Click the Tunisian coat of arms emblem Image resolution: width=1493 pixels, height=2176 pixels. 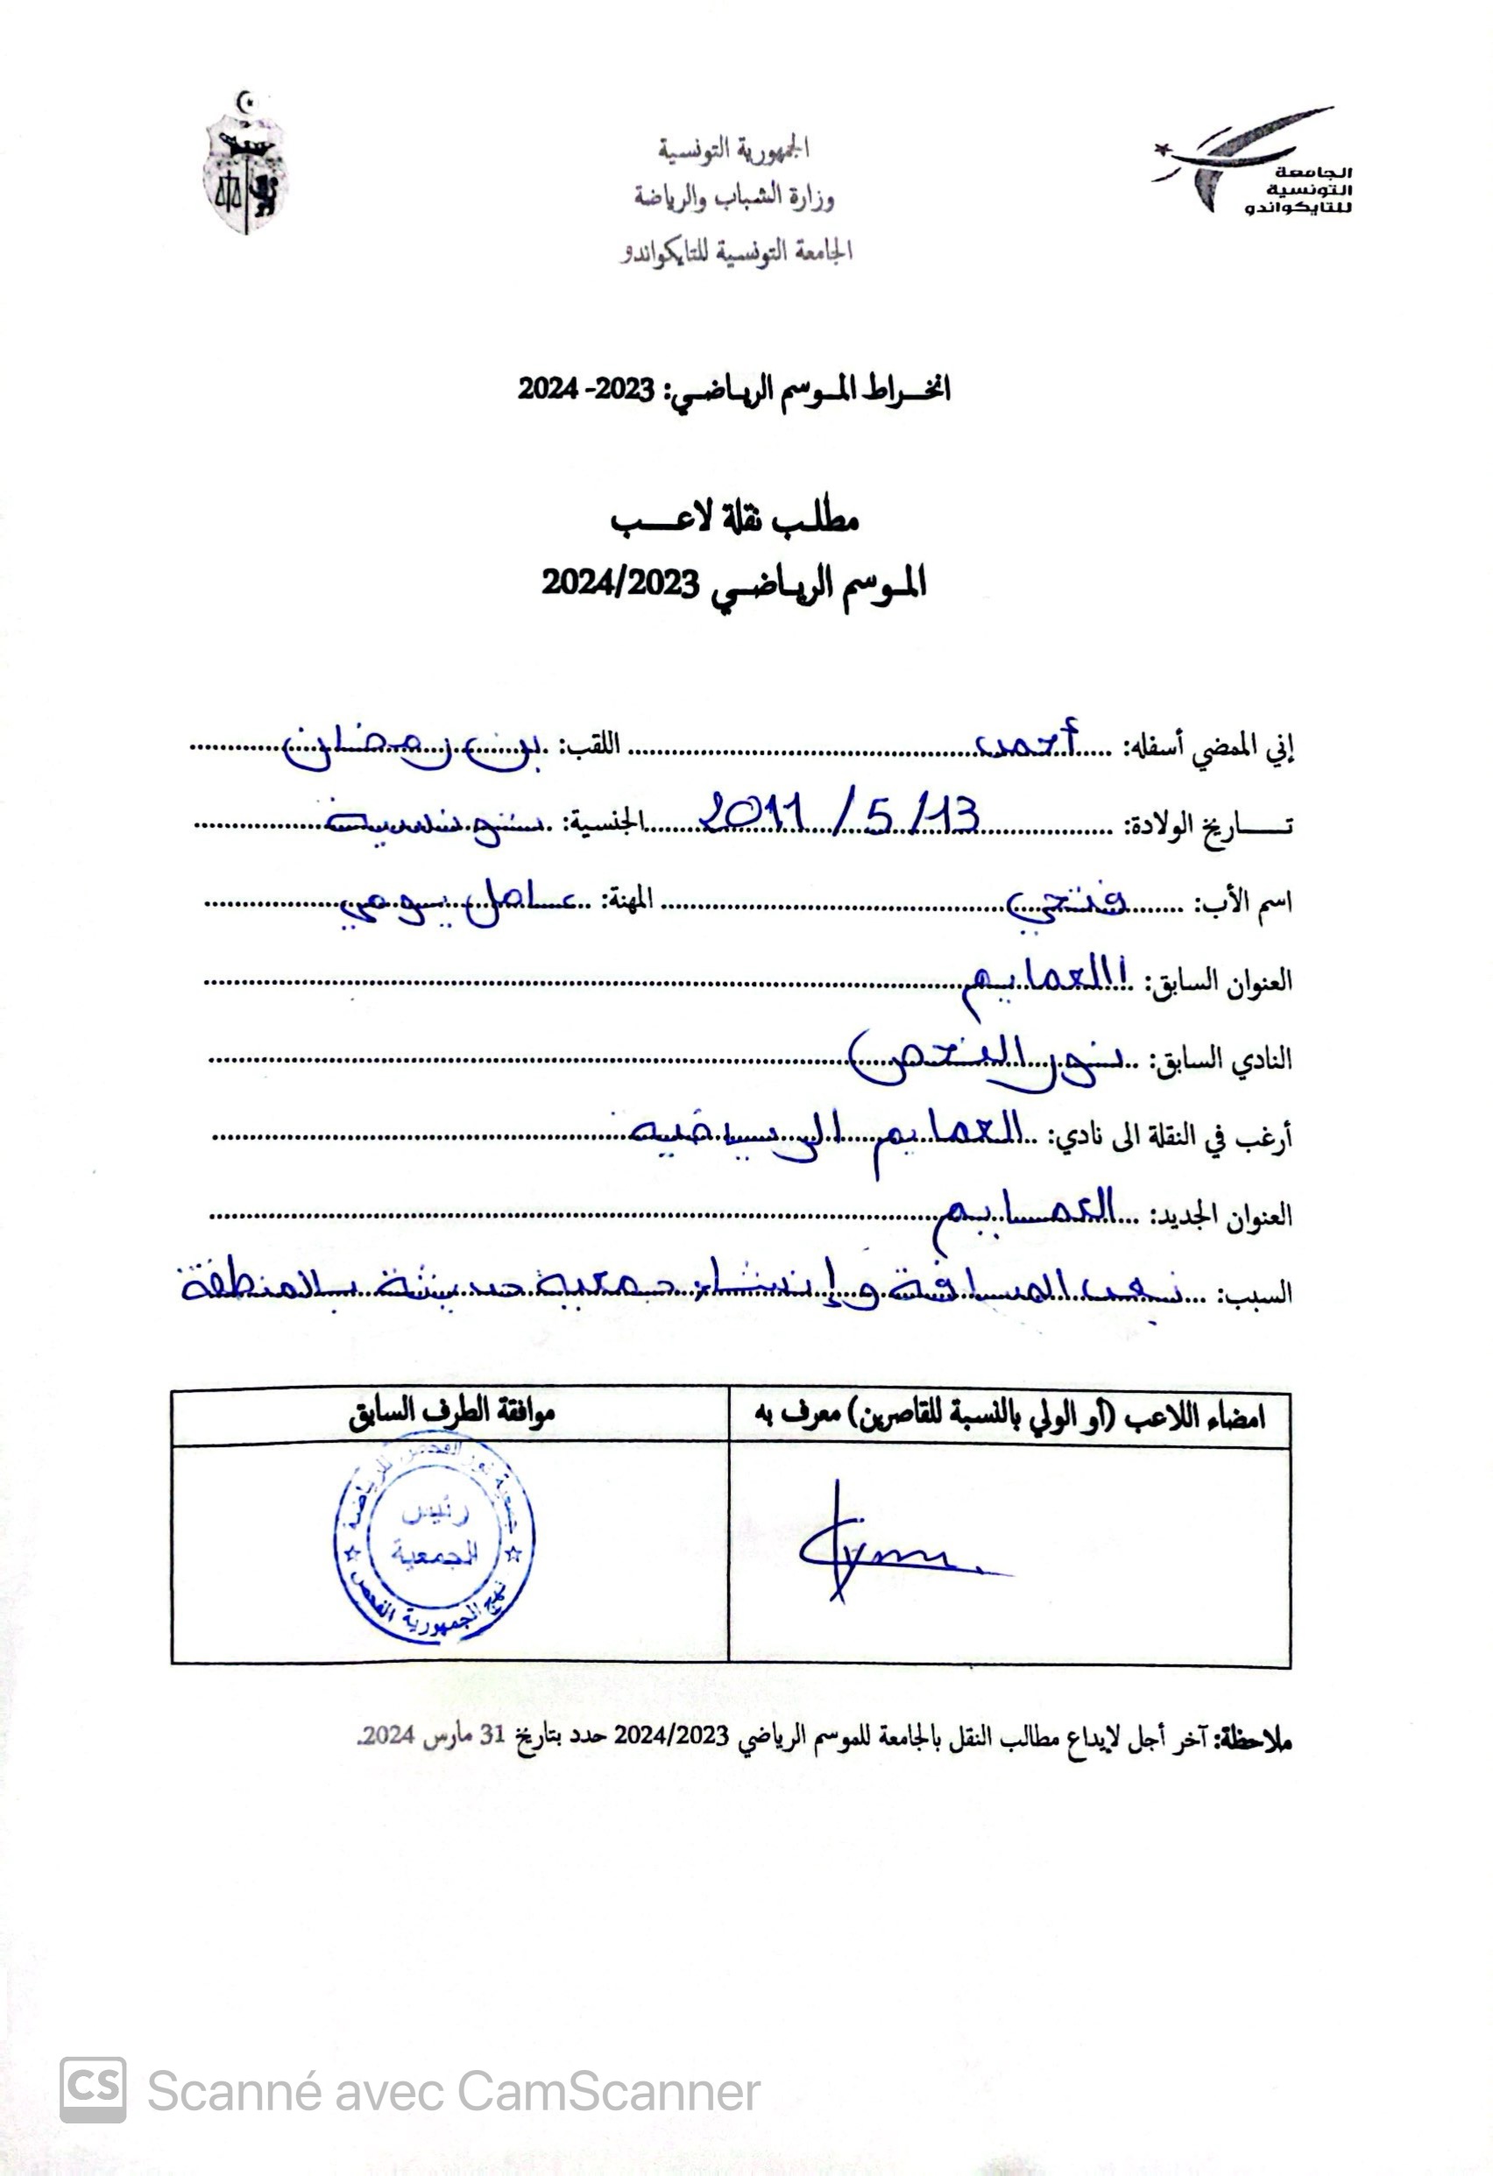[x=245, y=165]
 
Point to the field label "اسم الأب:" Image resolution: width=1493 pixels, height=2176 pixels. [x=1244, y=903]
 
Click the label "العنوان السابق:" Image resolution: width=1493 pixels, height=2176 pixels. [x=1214, y=981]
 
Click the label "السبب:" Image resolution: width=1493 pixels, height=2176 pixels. [x=1254, y=1294]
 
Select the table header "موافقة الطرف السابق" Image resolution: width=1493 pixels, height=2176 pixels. [x=451, y=1414]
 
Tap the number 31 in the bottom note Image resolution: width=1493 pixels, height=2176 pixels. [x=492, y=1734]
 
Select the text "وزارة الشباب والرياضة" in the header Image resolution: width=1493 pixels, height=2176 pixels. [x=733, y=199]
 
